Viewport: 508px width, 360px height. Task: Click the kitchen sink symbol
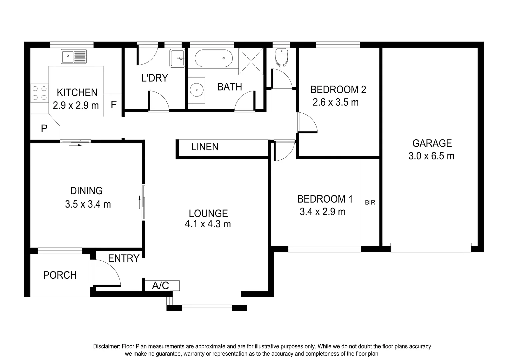click(x=74, y=56)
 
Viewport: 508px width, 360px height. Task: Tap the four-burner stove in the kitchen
click(x=39, y=93)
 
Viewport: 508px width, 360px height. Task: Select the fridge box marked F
click(x=113, y=105)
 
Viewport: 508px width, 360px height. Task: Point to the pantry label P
click(x=44, y=128)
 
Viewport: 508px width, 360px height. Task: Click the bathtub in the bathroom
click(x=213, y=58)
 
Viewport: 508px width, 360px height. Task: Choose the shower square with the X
click(x=251, y=61)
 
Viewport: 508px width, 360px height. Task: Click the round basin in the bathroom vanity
click(x=196, y=90)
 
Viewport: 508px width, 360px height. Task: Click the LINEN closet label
click(x=205, y=147)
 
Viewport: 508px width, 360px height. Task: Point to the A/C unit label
click(x=161, y=286)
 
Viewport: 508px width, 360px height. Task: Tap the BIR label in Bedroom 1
click(x=370, y=202)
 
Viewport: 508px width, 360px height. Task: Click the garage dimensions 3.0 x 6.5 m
click(x=431, y=156)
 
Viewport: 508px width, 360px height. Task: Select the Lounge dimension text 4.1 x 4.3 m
click(x=208, y=224)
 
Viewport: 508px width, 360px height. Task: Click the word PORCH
click(x=60, y=275)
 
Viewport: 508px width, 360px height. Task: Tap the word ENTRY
click(x=124, y=258)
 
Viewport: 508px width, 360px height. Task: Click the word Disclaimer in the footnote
click(x=106, y=347)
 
